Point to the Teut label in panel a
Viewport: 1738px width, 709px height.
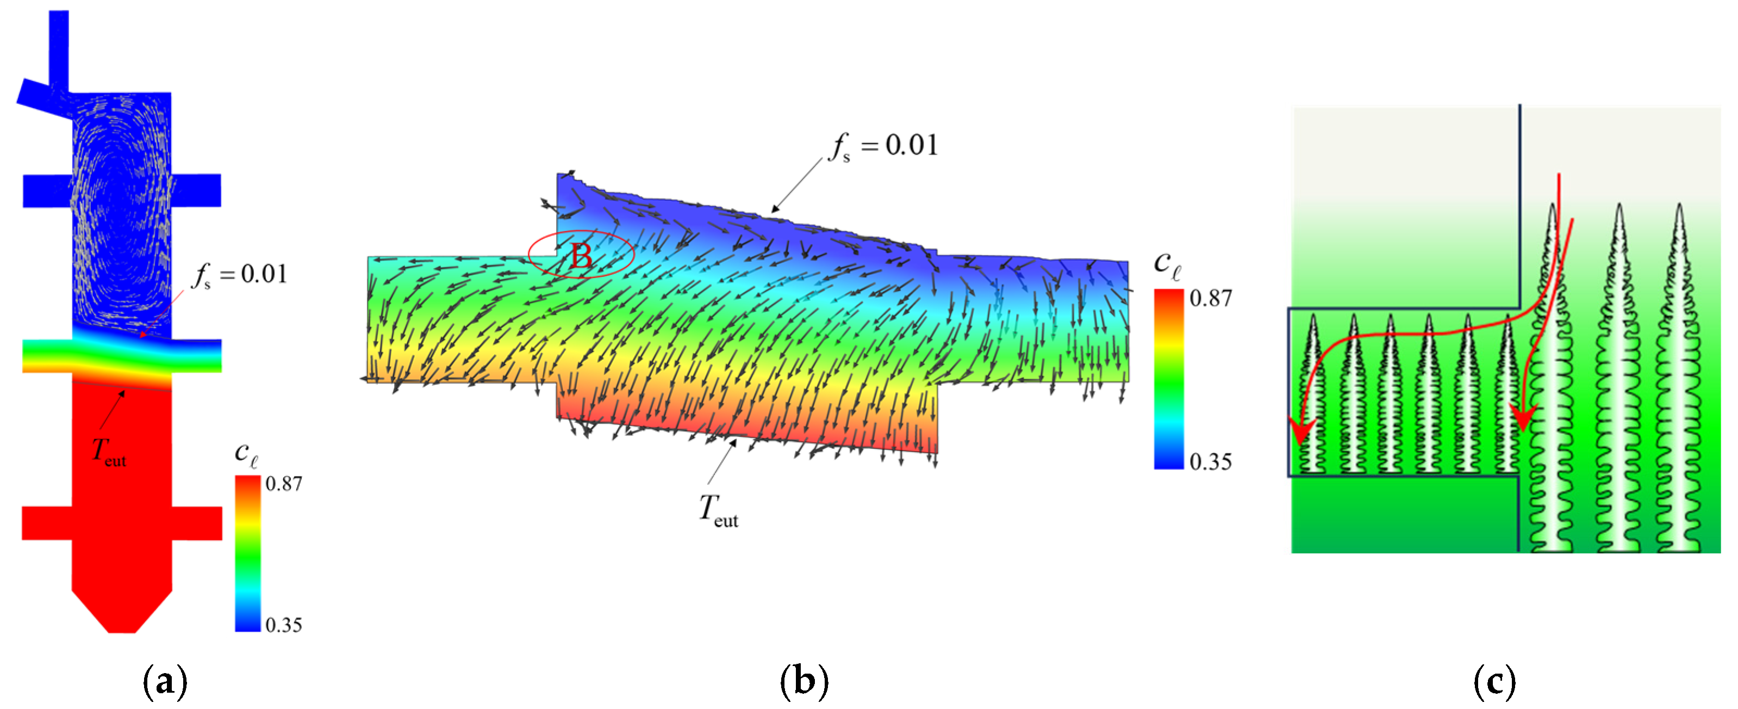click(x=109, y=451)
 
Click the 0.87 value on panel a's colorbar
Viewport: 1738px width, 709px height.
click(x=283, y=484)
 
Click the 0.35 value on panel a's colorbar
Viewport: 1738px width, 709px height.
click(x=283, y=625)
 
